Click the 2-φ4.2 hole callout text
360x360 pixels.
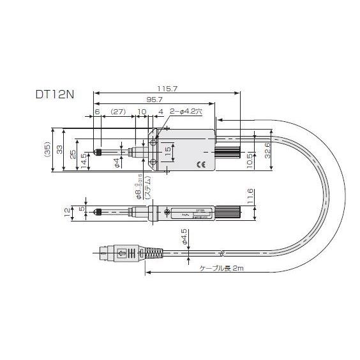pos(185,112)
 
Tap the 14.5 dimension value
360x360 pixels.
pos(84,159)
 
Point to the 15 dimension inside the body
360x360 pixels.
pos(168,151)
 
